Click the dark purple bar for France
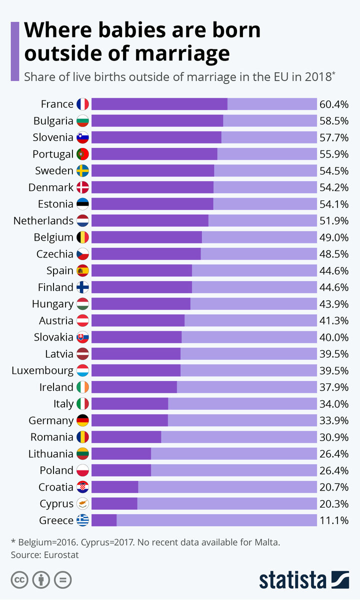coord(159,104)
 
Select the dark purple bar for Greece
coord(104,520)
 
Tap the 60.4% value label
coord(333,104)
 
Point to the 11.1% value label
coord(333,520)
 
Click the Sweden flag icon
coord(82,170)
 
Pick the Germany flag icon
coord(82,420)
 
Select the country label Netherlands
coord(43,220)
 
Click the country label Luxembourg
coord(42,370)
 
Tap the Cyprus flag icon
coord(82,504)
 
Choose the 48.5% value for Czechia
coord(333,254)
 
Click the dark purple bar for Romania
coord(126,437)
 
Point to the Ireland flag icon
coord(82,387)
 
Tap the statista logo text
coord(292,580)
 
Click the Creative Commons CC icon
coord(19,580)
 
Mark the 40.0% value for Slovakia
coord(333,337)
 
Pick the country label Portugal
coord(53,154)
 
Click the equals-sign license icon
coord(63,580)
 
